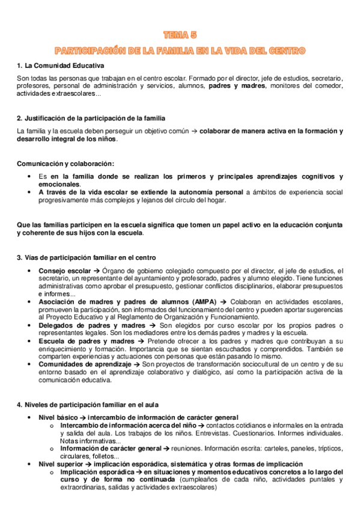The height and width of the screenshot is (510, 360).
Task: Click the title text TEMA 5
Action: pos(180,35)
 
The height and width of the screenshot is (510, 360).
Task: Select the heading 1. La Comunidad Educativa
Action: pos(61,65)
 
